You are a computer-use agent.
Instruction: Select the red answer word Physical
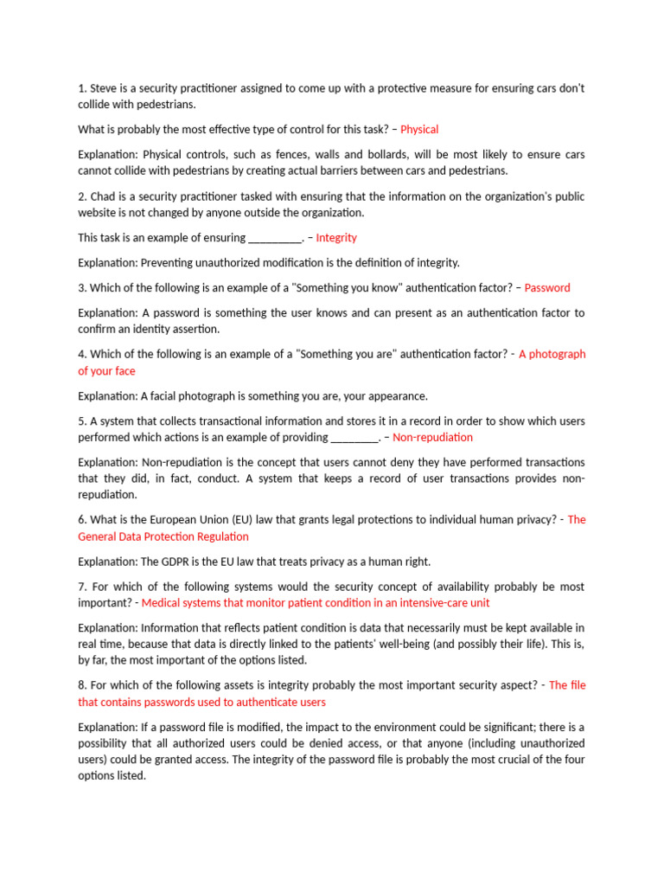point(419,130)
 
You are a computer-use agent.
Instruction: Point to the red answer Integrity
point(336,238)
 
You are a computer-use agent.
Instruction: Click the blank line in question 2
point(274,238)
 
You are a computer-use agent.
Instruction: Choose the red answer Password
point(547,288)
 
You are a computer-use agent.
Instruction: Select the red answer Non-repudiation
point(432,438)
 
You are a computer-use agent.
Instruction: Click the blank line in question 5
point(355,438)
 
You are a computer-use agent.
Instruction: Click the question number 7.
point(82,587)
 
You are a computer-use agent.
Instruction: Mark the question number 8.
point(82,686)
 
